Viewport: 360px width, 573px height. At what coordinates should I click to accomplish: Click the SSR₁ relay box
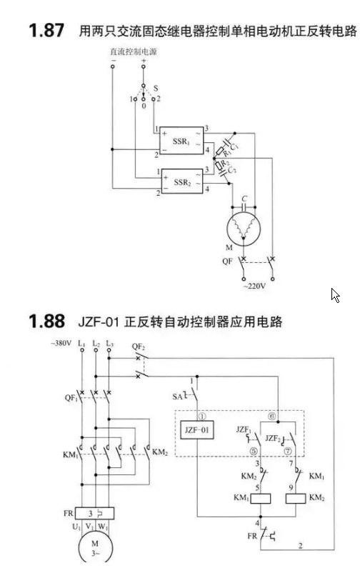[x=181, y=140]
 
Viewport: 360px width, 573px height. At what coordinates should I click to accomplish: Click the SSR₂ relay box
[x=182, y=181]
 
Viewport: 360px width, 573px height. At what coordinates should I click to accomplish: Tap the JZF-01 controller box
[x=197, y=430]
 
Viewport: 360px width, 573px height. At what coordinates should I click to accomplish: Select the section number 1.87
[x=46, y=30]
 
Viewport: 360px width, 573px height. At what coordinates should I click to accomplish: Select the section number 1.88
[x=46, y=322]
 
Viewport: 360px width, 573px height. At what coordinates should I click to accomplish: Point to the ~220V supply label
[x=254, y=286]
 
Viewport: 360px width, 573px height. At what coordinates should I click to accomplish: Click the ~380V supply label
[x=61, y=343]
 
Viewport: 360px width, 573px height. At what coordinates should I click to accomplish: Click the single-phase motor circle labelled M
[x=244, y=229]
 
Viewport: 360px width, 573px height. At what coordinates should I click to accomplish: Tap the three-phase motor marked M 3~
[x=96, y=547]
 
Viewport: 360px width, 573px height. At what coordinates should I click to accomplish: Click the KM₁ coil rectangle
[x=260, y=499]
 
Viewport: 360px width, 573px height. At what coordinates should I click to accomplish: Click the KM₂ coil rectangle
[x=295, y=499]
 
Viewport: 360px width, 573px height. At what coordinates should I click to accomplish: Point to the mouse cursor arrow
[x=335, y=295]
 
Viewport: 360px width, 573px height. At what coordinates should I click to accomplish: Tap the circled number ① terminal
[x=202, y=417]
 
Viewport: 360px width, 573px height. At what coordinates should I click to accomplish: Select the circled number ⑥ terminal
[x=271, y=417]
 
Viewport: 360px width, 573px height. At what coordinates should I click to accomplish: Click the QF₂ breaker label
[x=139, y=347]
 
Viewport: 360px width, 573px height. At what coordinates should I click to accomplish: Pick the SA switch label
[x=177, y=396]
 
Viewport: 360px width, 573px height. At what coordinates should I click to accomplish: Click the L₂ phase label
[x=96, y=344]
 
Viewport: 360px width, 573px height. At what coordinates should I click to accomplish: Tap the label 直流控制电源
[x=134, y=52]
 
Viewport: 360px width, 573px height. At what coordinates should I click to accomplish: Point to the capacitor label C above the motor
[x=244, y=199]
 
